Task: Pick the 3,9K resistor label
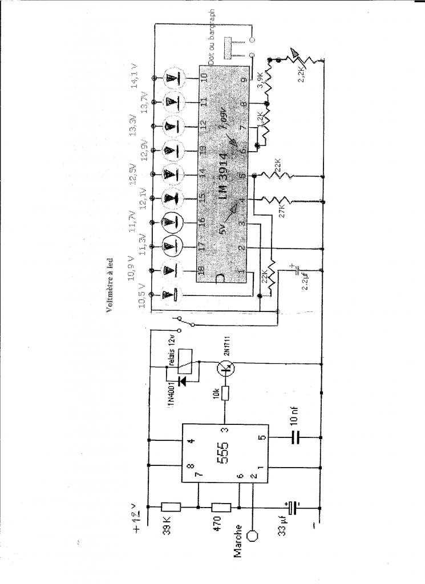[x=261, y=80]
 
